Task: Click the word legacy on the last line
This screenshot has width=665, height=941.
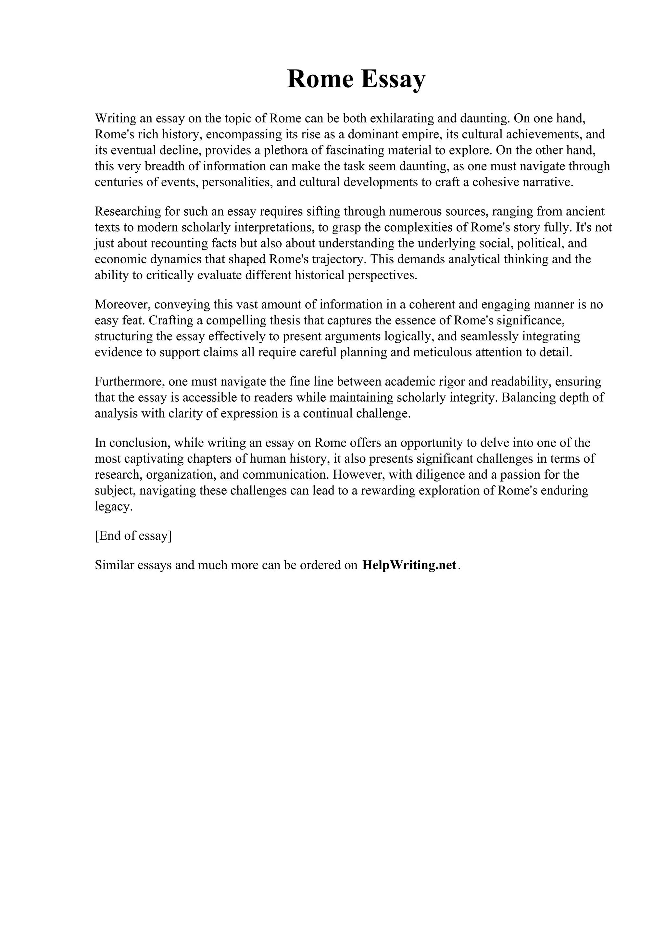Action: tap(112, 507)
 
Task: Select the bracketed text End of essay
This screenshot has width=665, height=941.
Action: tap(133, 536)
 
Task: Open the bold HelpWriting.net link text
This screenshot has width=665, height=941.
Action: tap(409, 565)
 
